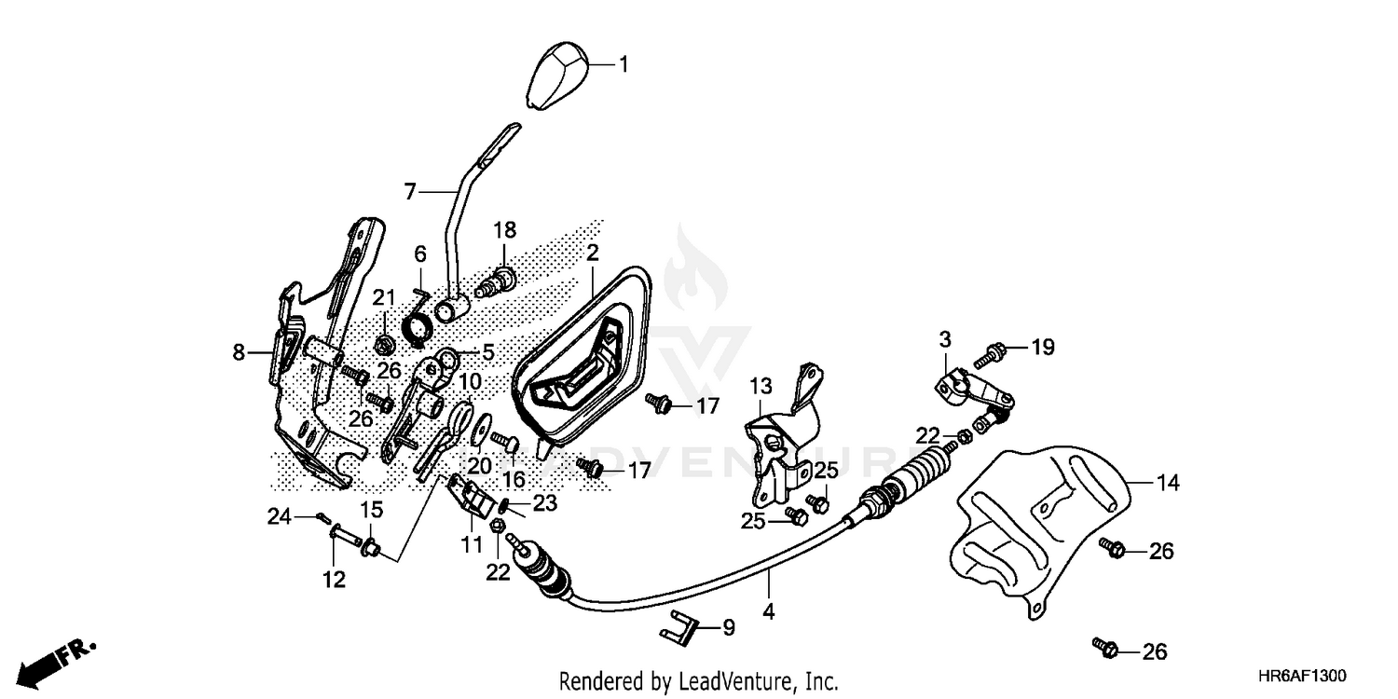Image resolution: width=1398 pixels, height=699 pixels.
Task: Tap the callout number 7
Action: (410, 192)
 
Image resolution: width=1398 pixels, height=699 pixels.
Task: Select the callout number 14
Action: (1168, 483)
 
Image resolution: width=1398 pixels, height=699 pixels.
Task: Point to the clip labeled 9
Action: (685, 629)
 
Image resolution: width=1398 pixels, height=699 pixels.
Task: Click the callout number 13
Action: (761, 384)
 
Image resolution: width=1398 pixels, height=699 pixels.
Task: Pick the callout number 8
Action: (239, 352)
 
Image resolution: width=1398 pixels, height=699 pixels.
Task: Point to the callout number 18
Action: (504, 229)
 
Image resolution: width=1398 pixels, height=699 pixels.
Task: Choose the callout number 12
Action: (334, 580)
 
